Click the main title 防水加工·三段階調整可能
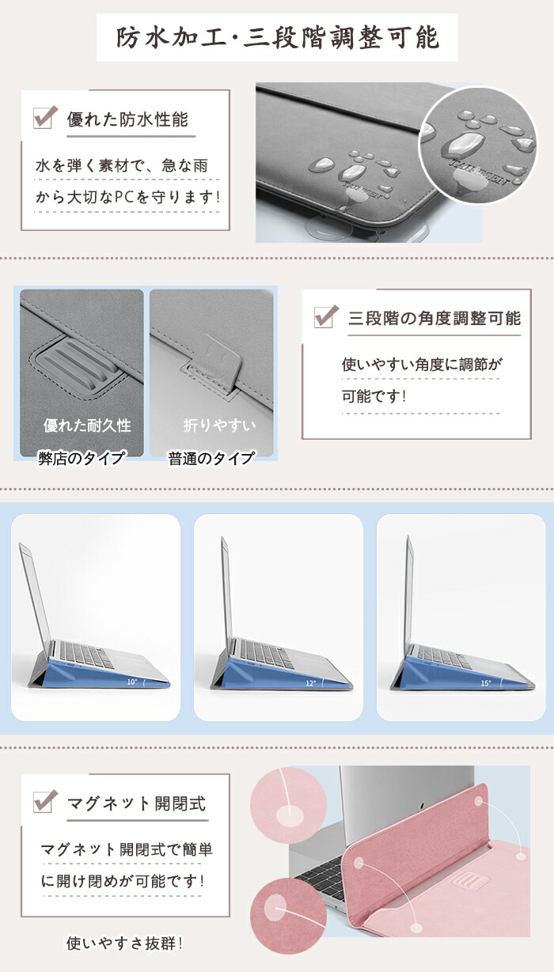click(278, 38)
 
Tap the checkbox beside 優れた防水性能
click(45, 117)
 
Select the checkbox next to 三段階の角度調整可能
click(326, 316)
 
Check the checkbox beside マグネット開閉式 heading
click(45, 801)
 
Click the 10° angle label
click(131, 682)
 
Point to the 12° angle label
click(310, 683)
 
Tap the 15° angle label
click(486, 683)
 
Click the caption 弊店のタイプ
click(82, 458)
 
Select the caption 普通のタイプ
click(211, 458)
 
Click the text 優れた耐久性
click(87, 425)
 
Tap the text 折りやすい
click(219, 425)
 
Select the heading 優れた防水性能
click(127, 119)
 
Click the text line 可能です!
click(374, 395)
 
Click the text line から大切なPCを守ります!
click(127, 197)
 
